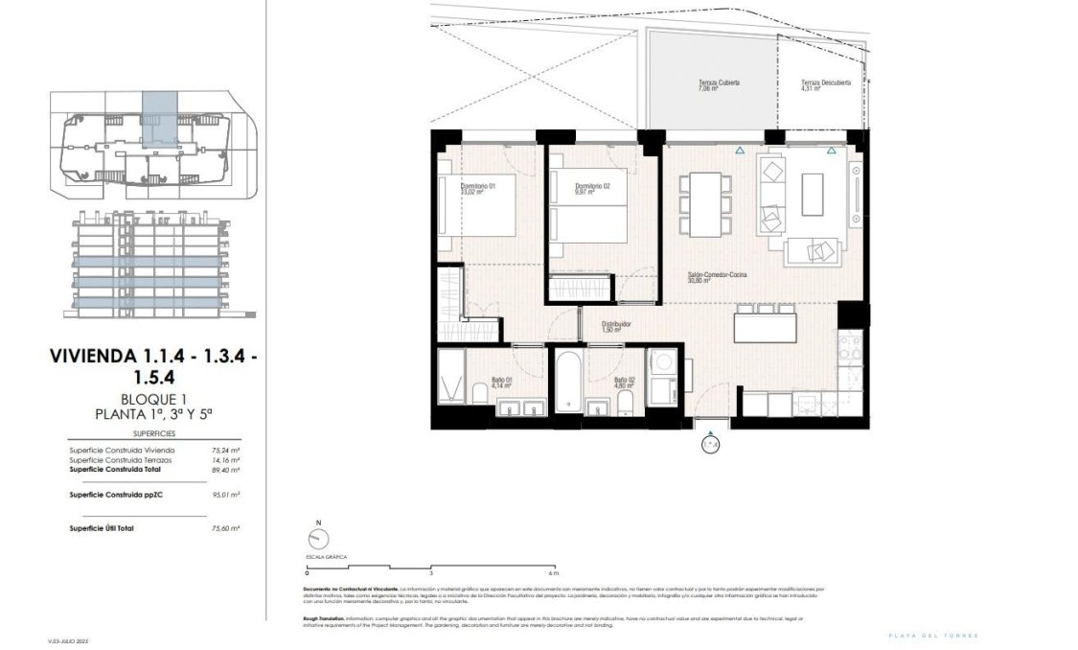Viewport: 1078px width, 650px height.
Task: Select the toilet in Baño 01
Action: tap(479, 393)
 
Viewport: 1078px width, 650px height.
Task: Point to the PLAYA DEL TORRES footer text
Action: tap(933, 636)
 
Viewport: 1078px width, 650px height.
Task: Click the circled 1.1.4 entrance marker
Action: tap(709, 444)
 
